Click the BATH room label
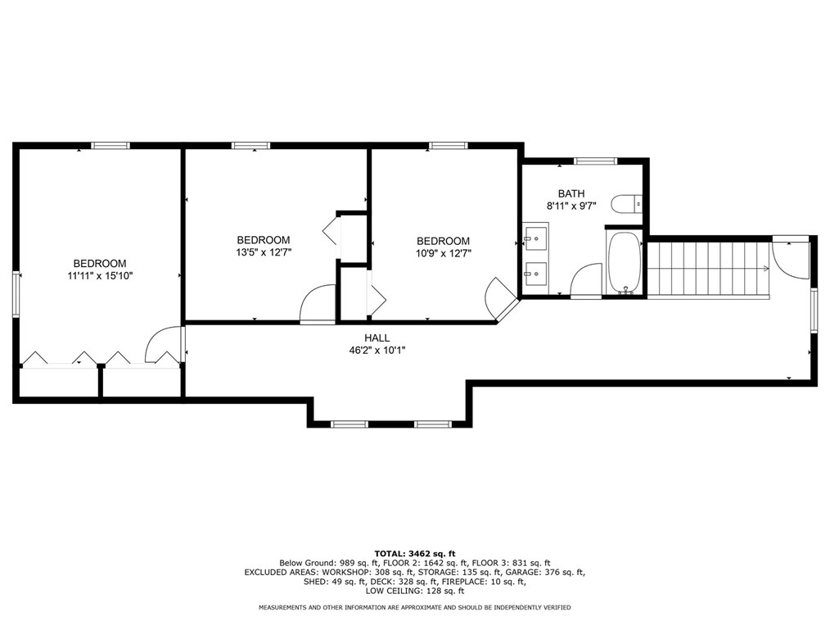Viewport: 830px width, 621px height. pyautogui.click(x=571, y=193)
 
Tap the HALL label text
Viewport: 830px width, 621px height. pyautogui.click(x=377, y=338)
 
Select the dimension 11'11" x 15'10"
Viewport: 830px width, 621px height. pyautogui.click(x=100, y=275)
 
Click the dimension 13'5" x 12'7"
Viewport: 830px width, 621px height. pyautogui.click(x=264, y=252)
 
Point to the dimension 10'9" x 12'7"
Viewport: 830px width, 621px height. pyautogui.click(x=444, y=253)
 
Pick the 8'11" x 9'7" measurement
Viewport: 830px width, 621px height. pyautogui.click(x=571, y=206)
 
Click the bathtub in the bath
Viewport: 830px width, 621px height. pyautogui.click(x=625, y=262)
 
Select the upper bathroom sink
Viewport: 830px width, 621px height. pyautogui.click(x=535, y=238)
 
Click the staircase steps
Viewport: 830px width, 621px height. pyautogui.click(x=709, y=270)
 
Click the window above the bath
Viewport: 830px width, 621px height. pyautogui.click(x=596, y=161)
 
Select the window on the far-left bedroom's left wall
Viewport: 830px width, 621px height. pyautogui.click(x=16, y=295)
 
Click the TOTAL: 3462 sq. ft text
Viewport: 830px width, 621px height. pyautogui.click(x=415, y=554)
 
